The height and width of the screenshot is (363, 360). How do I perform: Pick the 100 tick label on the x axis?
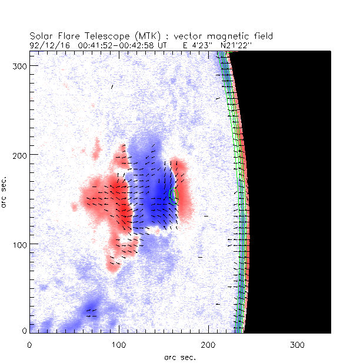click(119, 343)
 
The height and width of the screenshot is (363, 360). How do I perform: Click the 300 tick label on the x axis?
click(298, 343)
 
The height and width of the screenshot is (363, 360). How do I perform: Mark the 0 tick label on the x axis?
click(29, 343)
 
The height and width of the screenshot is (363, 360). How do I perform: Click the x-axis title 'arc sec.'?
click(179, 357)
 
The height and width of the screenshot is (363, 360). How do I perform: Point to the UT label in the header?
click(155, 45)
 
